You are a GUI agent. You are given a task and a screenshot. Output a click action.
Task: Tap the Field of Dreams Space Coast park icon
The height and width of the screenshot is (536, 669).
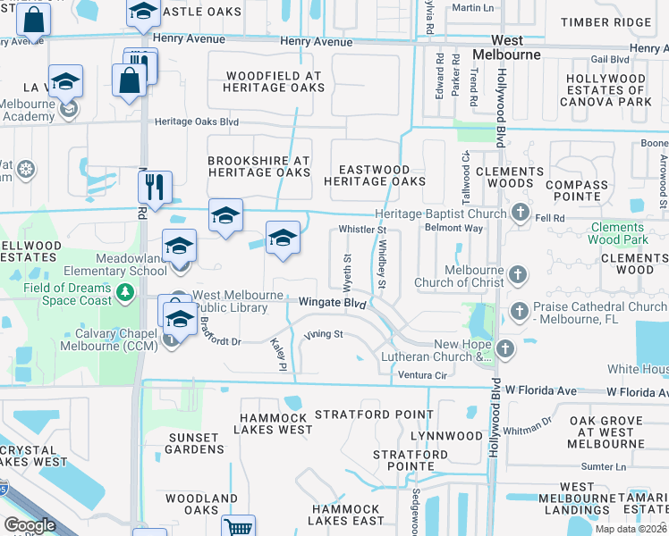pyautogui.click(x=126, y=291)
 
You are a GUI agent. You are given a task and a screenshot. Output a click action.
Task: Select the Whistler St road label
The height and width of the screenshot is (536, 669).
pyautogui.click(x=361, y=230)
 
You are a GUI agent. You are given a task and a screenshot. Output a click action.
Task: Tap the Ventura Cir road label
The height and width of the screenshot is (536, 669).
pyautogui.click(x=422, y=374)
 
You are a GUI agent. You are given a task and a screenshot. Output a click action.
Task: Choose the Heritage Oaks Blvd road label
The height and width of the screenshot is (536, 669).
pyautogui.click(x=197, y=121)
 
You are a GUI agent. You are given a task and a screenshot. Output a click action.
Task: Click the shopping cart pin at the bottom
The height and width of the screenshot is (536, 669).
pyautogui.click(x=239, y=526)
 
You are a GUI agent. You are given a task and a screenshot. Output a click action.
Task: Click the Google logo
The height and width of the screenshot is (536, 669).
pyautogui.click(x=30, y=525)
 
